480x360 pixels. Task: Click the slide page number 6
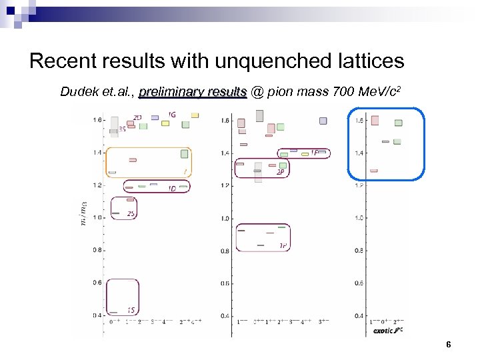(448, 345)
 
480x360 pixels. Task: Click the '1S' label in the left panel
(131, 310)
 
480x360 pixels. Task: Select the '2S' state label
(131, 214)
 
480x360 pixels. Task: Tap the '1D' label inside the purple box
(172, 188)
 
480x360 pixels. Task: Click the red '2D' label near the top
(137, 118)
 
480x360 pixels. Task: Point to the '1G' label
(172, 115)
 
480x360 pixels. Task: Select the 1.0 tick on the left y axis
(97, 218)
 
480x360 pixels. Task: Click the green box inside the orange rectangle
(185, 154)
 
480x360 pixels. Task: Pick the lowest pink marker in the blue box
(373, 171)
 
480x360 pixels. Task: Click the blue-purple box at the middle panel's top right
(323, 121)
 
